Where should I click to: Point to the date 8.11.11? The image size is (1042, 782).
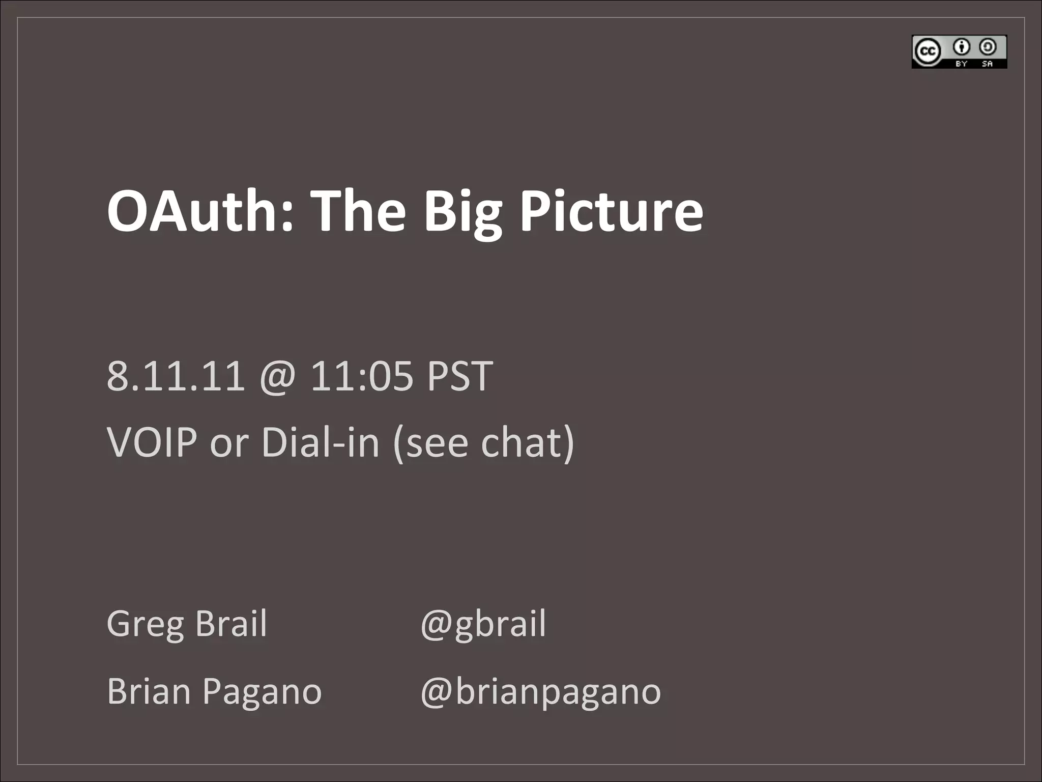[x=176, y=376]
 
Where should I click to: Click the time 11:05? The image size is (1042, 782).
[x=361, y=376]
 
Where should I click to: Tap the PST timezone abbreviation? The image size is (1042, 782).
[x=460, y=376]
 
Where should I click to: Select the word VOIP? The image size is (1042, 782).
[x=152, y=442]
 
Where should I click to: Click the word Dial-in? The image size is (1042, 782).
[x=321, y=442]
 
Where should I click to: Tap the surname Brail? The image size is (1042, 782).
[x=231, y=623]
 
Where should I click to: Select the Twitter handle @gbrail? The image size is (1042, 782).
[x=483, y=624]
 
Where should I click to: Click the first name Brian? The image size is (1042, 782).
[x=149, y=691]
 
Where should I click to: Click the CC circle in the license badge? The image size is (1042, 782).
[x=927, y=51]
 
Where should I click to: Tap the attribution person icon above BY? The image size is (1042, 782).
[x=961, y=47]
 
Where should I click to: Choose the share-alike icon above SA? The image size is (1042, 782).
[x=988, y=47]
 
